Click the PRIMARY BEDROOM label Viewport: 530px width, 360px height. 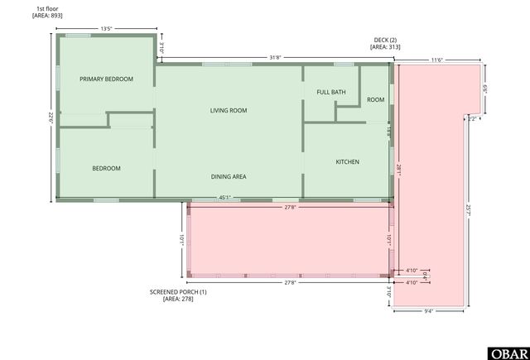pyautogui.click(x=106, y=79)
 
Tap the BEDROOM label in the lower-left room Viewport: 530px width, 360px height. pyautogui.click(x=106, y=169)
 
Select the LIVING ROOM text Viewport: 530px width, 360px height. pyautogui.click(x=229, y=110)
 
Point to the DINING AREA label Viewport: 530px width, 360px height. pyautogui.click(x=229, y=176)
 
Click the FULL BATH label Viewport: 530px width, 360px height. pyautogui.click(x=330, y=93)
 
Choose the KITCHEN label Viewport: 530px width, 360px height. pyautogui.click(x=347, y=162)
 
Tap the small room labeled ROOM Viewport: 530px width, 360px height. pyautogui.click(x=376, y=99)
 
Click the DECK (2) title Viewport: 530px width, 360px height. pyautogui.click(x=384, y=41)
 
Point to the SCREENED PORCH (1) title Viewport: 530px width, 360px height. pyautogui.click(x=178, y=291)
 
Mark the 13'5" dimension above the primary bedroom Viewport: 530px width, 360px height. pyautogui.click(x=106, y=29)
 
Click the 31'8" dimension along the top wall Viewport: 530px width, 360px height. pyautogui.click(x=275, y=57)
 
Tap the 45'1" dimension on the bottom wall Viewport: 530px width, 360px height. pyautogui.click(x=224, y=197)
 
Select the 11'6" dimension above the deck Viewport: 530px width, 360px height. pyautogui.click(x=436, y=60)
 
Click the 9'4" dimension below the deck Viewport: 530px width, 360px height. pyautogui.click(x=428, y=311)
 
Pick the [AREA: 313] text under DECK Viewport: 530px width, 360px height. pyautogui.click(x=384, y=48)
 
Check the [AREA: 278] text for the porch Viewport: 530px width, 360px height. pyautogui.click(x=178, y=299)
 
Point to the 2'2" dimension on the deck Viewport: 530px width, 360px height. pyautogui.click(x=471, y=119)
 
